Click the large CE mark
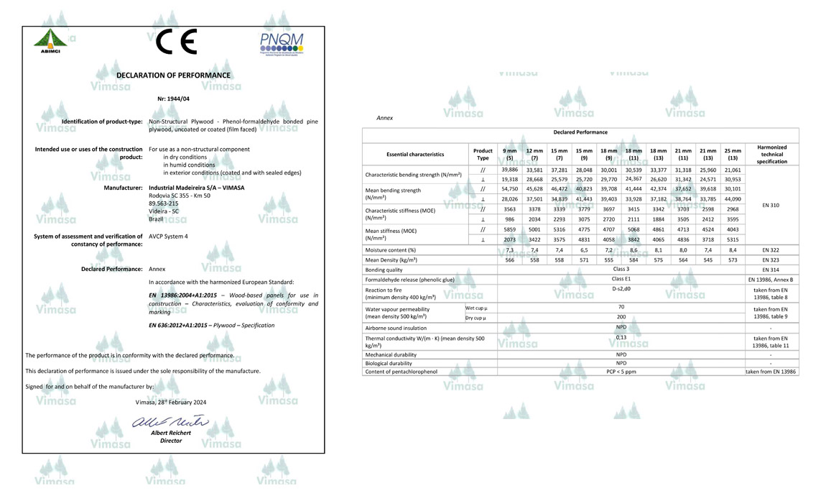click(x=176, y=43)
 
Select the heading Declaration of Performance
click(x=173, y=75)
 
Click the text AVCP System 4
click(x=168, y=236)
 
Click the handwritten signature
click(x=170, y=422)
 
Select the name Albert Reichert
click(x=171, y=433)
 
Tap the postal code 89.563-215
click(x=164, y=203)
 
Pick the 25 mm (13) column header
click(x=733, y=154)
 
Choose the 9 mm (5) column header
click(x=509, y=154)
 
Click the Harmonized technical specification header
click(x=771, y=154)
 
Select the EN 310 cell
click(x=771, y=205)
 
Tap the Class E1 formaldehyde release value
click(x=621, y=279)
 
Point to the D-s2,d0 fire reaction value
click(x=621, y=289)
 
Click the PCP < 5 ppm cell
click(x=621, y=372)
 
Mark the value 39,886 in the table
click(x=509, y=170)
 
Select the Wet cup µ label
click(x=475, y=308)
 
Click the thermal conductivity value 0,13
click(x=621, y=337)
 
